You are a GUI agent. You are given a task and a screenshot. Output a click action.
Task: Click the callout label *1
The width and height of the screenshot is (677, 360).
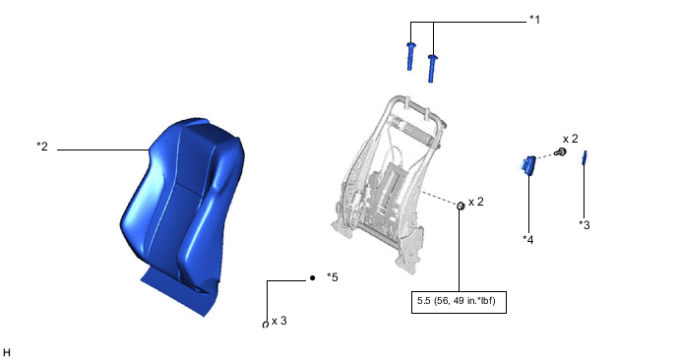pyautogui.click(x=534, y=20)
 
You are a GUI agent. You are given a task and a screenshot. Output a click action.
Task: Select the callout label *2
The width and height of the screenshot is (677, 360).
pyautogui.click(x=42, y=147)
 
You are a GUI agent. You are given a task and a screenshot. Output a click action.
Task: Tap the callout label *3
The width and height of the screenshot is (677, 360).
pyautogui.click(x=585, y=225)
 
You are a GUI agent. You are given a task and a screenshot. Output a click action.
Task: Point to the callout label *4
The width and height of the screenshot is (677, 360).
pyautogui.click(x=528, y=240)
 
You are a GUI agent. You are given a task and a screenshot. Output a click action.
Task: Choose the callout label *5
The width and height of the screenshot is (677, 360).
pyautogui.click(x=333, y=277)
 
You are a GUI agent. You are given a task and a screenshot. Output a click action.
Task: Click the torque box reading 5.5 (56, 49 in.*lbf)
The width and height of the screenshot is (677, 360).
pyautogui.click(x=459, y=302)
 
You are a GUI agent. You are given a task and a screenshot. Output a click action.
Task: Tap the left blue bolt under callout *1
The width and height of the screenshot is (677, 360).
pyautogui.click(x=410, y=56)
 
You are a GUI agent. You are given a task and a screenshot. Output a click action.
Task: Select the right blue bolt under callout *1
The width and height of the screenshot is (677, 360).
pyautogui.click(x=432, y=68)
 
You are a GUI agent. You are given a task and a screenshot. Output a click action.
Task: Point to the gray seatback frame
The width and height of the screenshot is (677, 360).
pyautogui.click(x=387, y=184)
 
